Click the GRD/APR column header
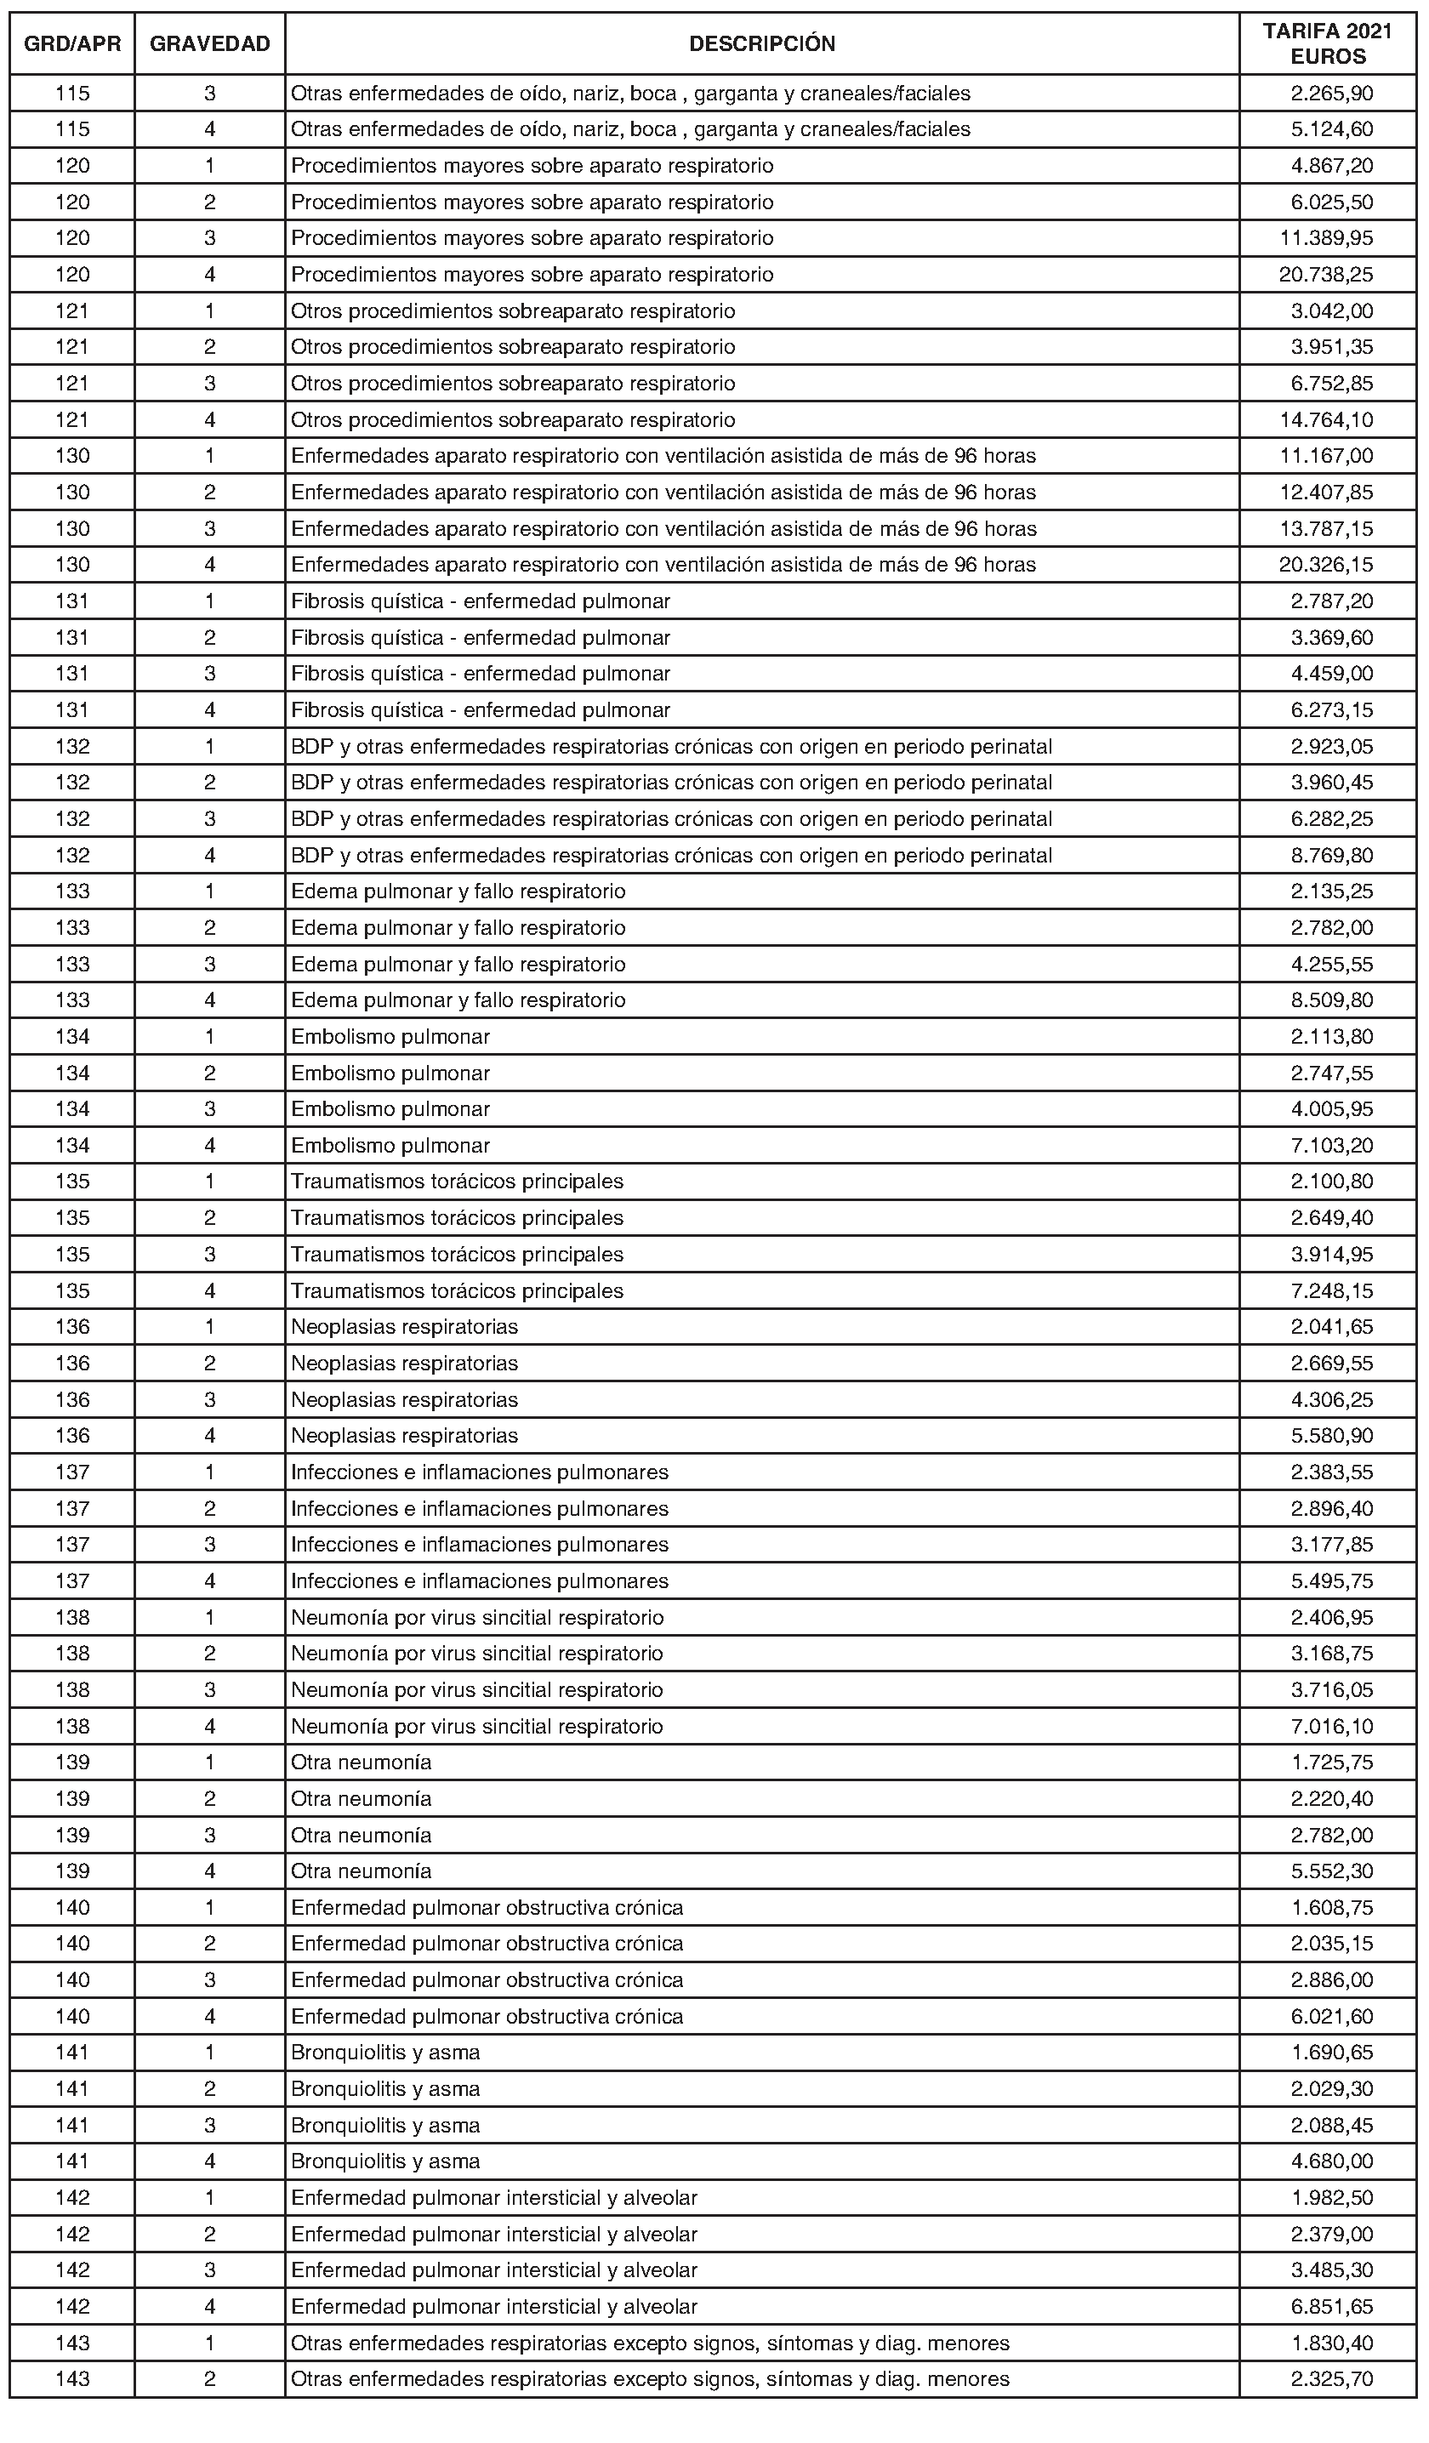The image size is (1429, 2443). click(x=72, y=43)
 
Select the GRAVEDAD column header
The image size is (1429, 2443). click(x=209, y=43)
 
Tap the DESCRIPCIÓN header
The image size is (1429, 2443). click(x=762, y=43)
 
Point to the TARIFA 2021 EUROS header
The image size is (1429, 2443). click(x=1327, y=43)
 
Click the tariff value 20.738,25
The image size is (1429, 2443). click(x=1325, y=275)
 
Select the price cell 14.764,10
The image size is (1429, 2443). click(x=1325, y=419)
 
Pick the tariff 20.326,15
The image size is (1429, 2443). click(x=1325, y=564)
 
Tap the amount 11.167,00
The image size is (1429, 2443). click(x=1325, y=456)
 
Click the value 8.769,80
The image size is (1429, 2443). click(x=1331, y=855)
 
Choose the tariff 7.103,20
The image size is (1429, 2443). click(x=1331, y=1145)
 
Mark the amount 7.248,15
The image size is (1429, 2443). click(x=1331, y=1290)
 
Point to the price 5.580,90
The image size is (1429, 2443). click(x=1331, y=1435)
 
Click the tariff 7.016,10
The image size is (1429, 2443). click(x=1331, y=1726)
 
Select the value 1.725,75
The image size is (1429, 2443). click(x=1331, y=1762)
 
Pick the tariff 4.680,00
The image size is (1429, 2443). click(x=1331, y=2161)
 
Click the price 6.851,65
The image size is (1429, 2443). click(x=1331, y=2306)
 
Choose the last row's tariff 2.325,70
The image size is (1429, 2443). click(x=1331, y=2379)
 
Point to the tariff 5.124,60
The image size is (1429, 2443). click(x=1331, y=129)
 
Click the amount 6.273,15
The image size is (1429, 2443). click(x=1331, y=709)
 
